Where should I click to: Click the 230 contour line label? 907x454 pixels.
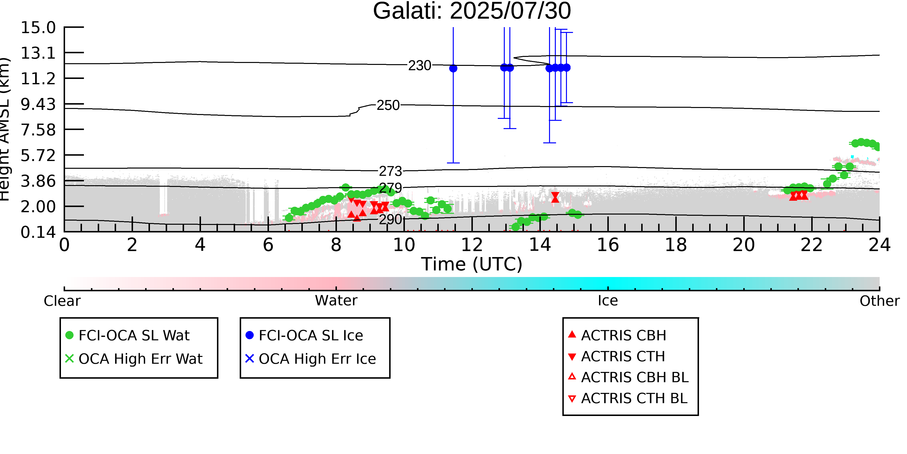(419, 66)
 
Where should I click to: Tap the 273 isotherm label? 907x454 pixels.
(390, 171)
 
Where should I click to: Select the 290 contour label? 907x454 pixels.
(390, 220)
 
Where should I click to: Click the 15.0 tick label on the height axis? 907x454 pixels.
(38, 28)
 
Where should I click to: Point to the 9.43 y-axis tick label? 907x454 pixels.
(38, 104)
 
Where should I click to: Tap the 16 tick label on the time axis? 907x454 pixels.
(608, 245)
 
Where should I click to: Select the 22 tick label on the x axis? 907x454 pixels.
(811, 245)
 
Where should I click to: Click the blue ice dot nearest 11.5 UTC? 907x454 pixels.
(453, 68)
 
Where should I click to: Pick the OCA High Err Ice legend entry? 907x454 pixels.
(311, 359)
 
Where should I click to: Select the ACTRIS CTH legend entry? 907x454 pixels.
(617, 357)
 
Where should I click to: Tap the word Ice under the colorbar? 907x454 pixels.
(608, 301)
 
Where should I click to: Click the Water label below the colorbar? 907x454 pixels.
(336, 301)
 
